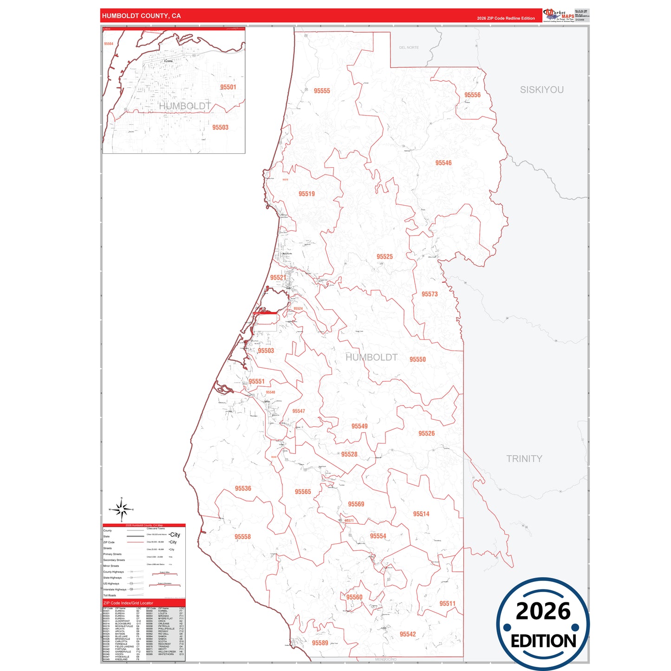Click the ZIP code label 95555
pyautogui.click(x=322, y=91)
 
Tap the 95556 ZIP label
pyautogui.click(x=472, y=95)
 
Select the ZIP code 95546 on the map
pyautogui.click(x=443, y=163)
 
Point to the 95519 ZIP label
pyautogui.click(x=306, y=194)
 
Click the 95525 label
pyautogui.click(x=384, y=257)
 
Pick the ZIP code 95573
pyautogui.click(x=430, y=294)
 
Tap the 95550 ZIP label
pyautogui.click(x=417, y=359)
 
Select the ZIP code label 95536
pyautogui.click(x=243, y=489)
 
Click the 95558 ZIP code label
pyautogui.click(x=242, y=537)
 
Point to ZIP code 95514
pyautogui.click(x=421, y=514)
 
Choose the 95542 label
pyautogui.click(x=408, y=634)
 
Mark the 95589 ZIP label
pyautogui.click(x=320, y=643)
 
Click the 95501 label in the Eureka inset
pyautogui.click(x=228, y=87)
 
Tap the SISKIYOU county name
pyautogui.click(x=541, y=90)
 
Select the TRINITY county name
pyautogui.click(x=524, y=459)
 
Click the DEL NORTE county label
pyautogui.click(x=409, y=47)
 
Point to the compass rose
pyautogui.click(x=122, y=510)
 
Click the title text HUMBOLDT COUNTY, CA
pyautogui.click(x=141, y=16)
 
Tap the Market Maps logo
pyautogui.click(x=559, y=15)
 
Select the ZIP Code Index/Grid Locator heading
pyautogui.click(x=128, y=603)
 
